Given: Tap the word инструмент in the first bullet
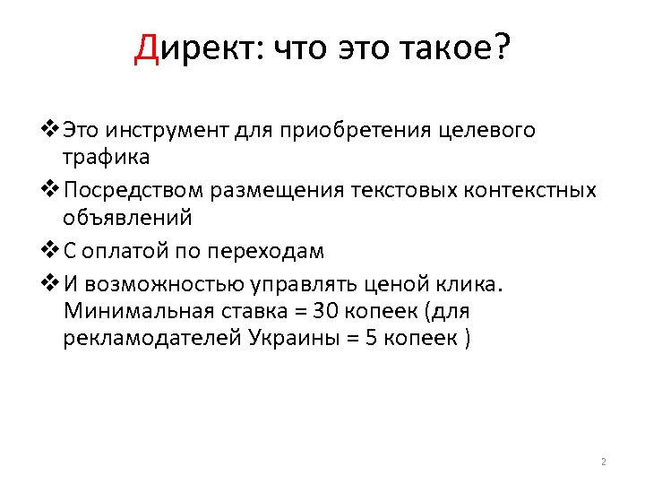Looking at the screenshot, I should tap(168, 131).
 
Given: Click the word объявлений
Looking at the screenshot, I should tap(126, 218).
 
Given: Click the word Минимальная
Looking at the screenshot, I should tap(140, 312).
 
